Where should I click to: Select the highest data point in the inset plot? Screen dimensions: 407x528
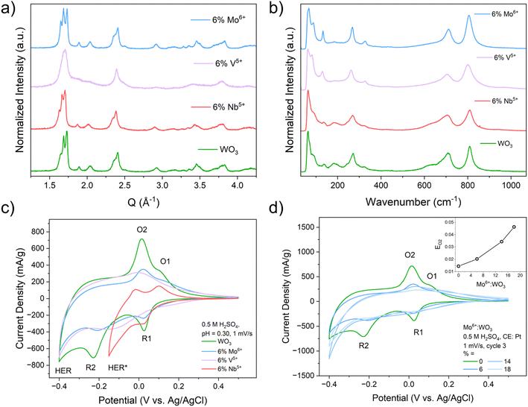pos(514,227)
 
